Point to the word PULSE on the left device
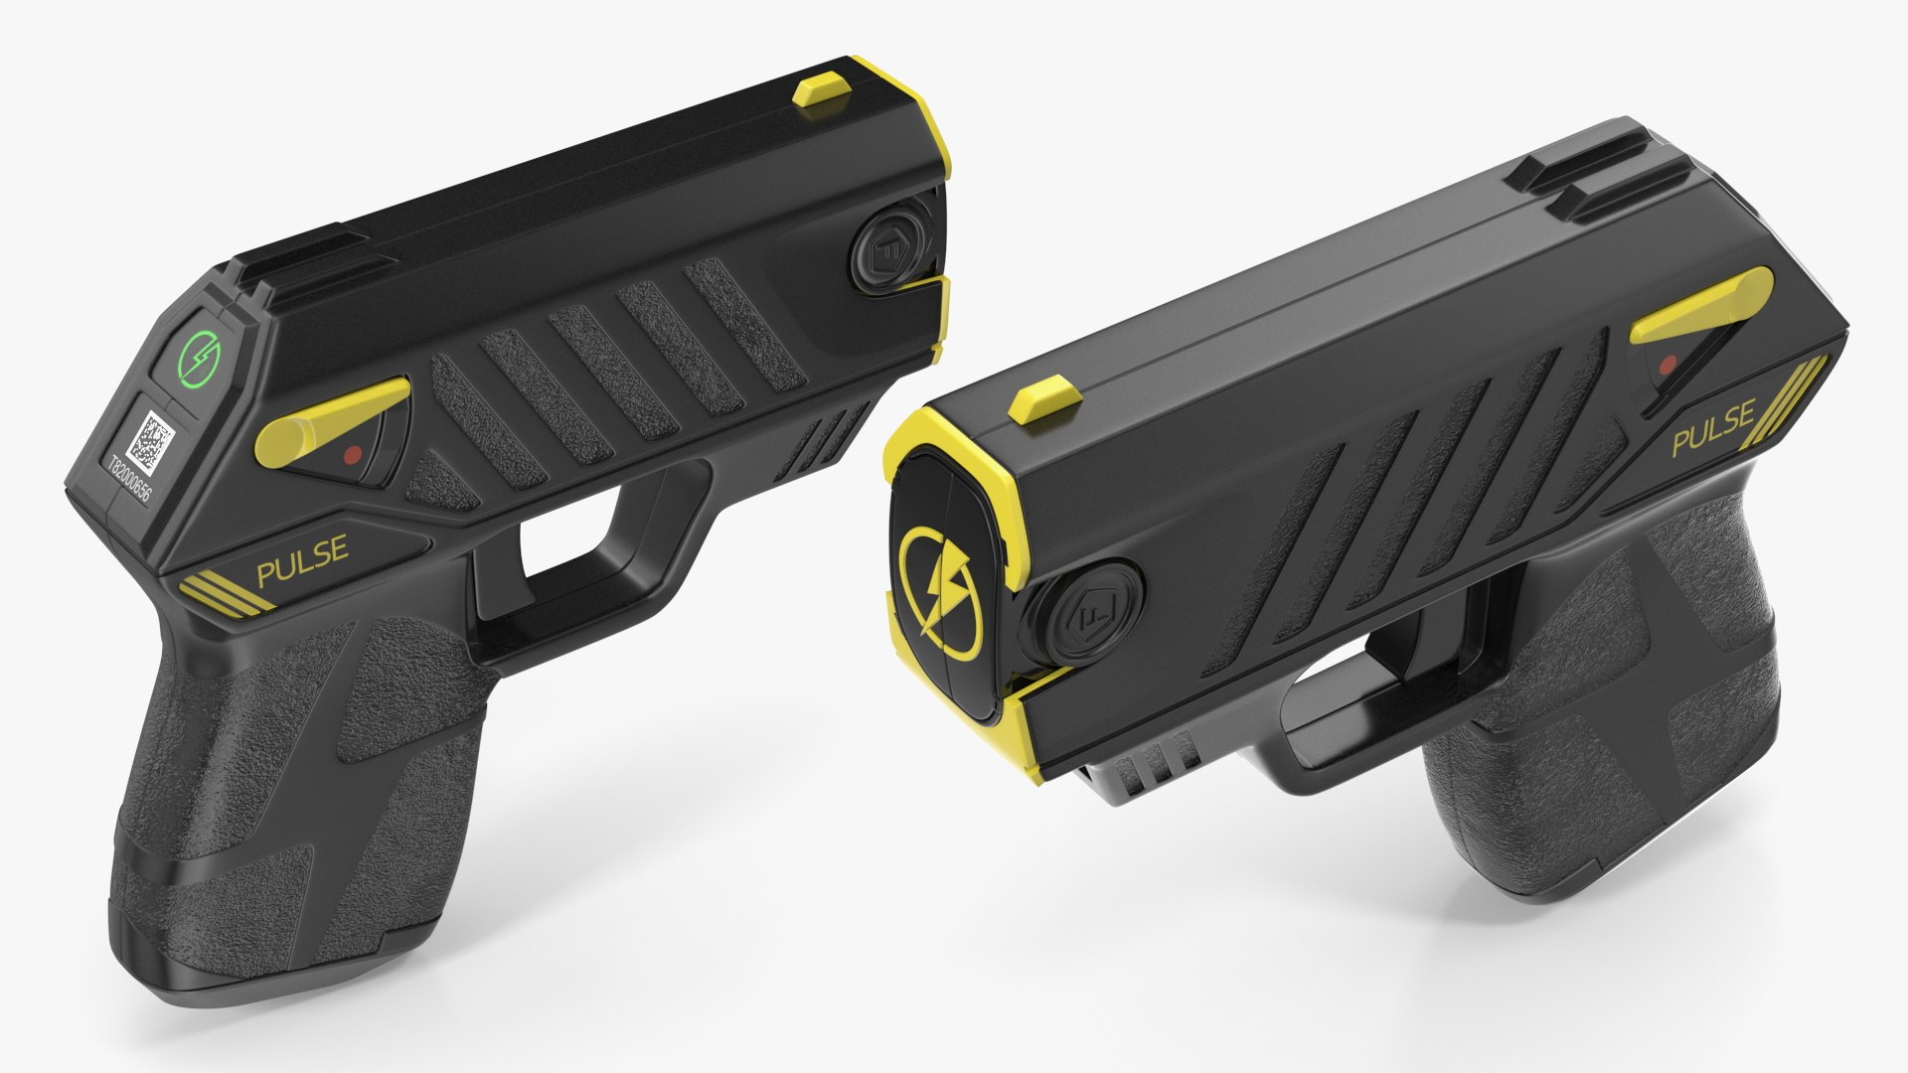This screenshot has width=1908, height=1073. (302, 548)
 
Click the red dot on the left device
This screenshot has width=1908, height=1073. (350, 455)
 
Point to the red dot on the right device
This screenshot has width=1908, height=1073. (1669, 364)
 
